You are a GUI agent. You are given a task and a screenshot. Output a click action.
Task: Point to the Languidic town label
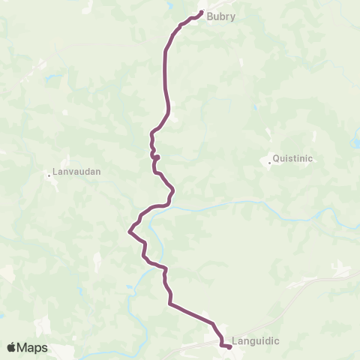[x=256, y=340]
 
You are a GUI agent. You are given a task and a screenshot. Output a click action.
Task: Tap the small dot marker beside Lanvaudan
[x=49, y=175]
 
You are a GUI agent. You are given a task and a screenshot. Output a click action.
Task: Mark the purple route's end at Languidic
[x=229, y=346]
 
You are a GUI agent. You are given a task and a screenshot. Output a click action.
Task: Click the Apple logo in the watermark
[x=11, y=347]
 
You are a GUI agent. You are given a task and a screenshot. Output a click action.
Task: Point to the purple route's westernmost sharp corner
[x=129, y=230]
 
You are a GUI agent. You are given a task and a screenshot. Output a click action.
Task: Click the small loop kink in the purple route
[x=156, y=157]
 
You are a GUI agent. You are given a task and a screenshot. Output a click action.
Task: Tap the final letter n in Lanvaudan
[x=97, y=171]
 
